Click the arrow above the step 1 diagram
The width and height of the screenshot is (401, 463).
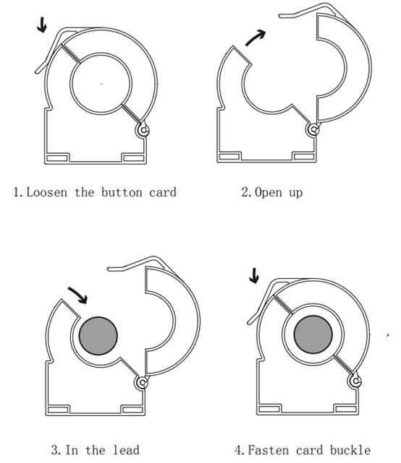tap(42, 25)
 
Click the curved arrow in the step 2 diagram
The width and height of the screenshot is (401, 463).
tap(255, 38)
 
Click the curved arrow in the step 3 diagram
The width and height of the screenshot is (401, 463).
tap(78, 295)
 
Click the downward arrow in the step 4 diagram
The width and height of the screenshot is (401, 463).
tap(254, 276)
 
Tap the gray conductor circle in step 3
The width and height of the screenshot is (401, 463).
tap(98, 336)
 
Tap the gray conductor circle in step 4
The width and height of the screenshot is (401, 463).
tap(313, 334)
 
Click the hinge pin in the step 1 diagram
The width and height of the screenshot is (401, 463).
tap(143, 130)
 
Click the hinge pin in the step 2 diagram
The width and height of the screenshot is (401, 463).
tap(313, 129)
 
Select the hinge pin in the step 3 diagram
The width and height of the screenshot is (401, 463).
tap(143, 383)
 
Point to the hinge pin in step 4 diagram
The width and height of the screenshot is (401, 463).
tap(355, 381)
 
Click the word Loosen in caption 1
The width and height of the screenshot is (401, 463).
tap(47, 192)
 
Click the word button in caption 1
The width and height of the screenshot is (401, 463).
tap(122, 192)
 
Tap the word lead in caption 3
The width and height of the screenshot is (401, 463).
tap(126, 450)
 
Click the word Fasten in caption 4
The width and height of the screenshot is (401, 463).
tap(268, 450)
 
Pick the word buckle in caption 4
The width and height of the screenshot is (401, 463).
tap(350, 450)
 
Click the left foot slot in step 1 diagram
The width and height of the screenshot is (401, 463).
tap(57, 158)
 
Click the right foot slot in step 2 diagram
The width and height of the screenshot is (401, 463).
tap(303, 157)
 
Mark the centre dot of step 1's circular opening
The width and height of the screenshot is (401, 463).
tap(101, 84)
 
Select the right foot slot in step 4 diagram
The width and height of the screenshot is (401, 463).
tap(345, 409)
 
